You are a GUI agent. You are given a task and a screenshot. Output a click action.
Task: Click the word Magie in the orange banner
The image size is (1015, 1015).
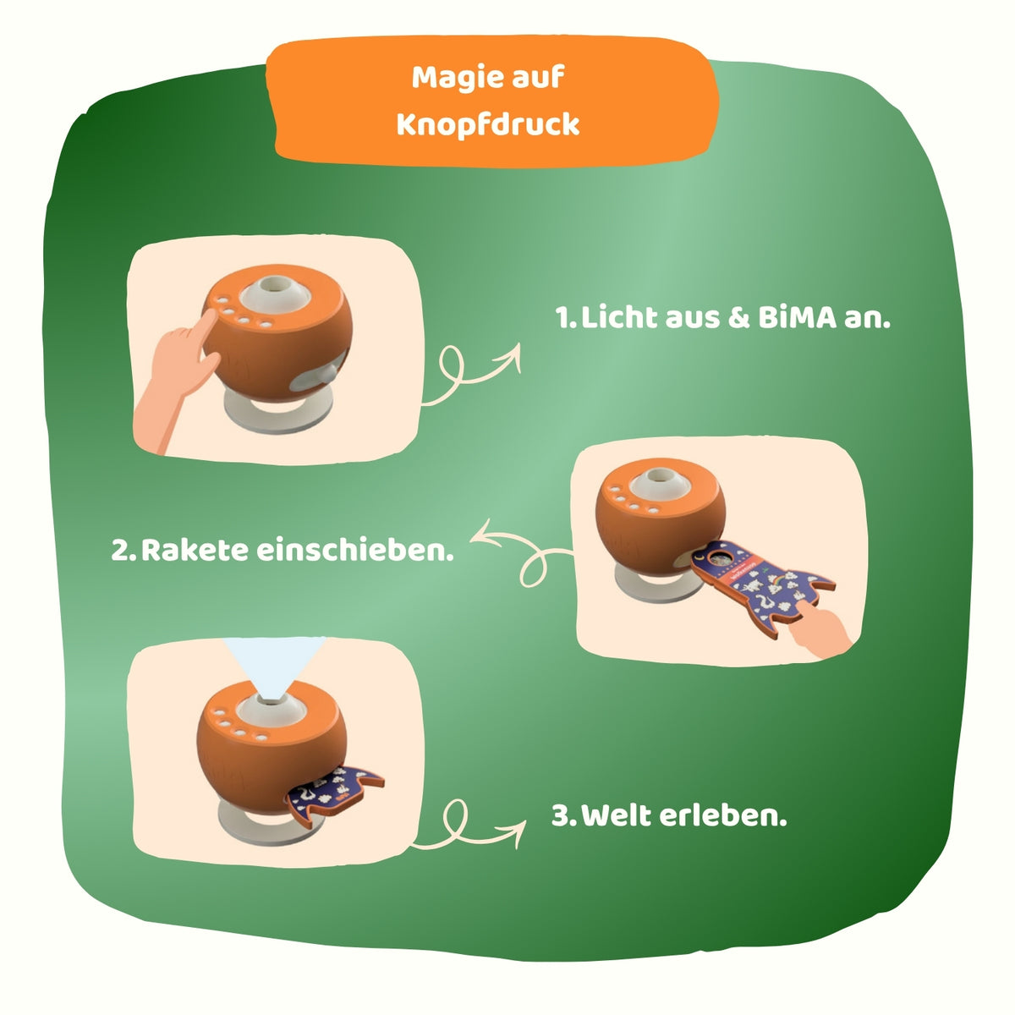(452, 79)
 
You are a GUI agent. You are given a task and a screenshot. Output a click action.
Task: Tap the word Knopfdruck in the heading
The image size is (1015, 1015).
(488, 124)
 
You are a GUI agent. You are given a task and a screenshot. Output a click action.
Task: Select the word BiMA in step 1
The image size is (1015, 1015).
(797, 318)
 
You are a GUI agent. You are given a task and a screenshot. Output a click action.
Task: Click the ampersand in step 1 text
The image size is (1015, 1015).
(738, 318)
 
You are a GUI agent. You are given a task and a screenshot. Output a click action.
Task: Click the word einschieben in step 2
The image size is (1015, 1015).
(354, 550)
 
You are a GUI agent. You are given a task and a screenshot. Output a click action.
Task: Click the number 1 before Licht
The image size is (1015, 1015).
(563, 318)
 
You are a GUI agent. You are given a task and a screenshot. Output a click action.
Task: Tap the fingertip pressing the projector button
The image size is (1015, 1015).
(209, 316)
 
